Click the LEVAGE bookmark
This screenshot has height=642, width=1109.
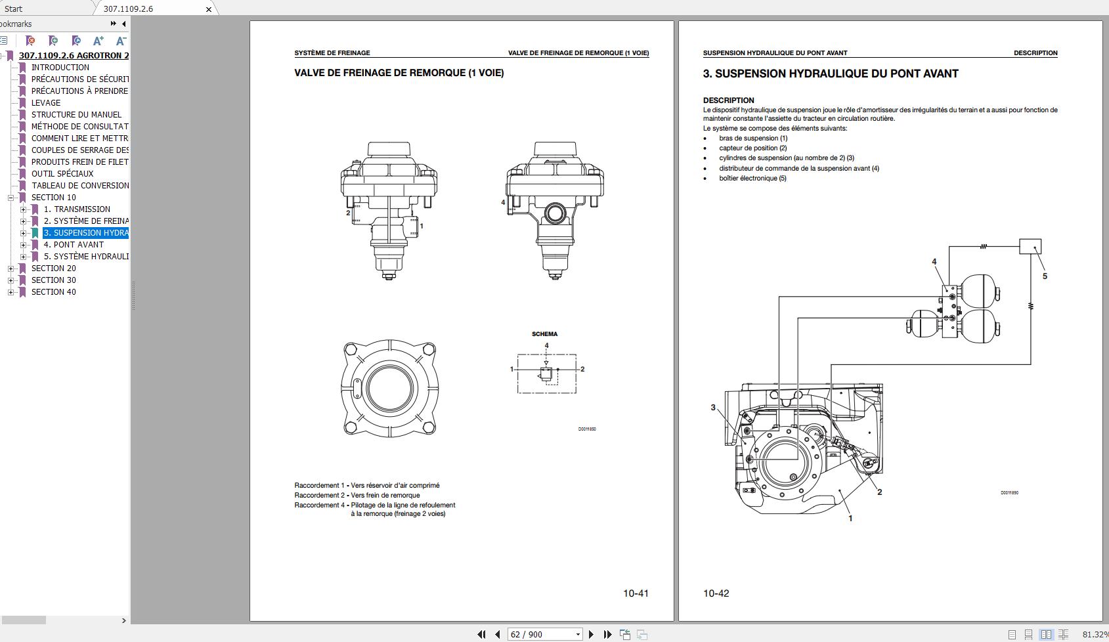[46, 102]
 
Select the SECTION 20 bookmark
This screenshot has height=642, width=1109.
[53, 268]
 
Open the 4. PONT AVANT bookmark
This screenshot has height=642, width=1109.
[74, 244]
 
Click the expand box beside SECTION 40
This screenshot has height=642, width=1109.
[11, 292]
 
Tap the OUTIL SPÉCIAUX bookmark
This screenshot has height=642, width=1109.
[62, 173]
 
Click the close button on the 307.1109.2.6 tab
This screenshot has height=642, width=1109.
[209, 9]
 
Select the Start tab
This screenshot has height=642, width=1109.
[13, 9]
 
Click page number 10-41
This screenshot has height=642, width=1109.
[635, 593]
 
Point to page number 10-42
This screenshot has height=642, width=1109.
[716, 593]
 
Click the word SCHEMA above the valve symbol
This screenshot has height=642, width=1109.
[544, 334]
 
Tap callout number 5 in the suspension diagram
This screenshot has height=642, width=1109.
[1045, 276]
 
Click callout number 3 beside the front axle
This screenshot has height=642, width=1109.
[713, 408]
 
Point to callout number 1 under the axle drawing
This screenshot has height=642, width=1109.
[850, 519]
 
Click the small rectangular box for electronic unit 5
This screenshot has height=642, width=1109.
[1030, 247]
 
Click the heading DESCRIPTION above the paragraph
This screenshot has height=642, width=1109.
[728, 100]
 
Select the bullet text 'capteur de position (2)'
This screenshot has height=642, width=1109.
[752, 148]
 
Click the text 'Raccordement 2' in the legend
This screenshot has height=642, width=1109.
[319, 496]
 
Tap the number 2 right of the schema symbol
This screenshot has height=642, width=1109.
[582, 369]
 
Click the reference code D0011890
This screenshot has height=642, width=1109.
[1009, 493]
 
